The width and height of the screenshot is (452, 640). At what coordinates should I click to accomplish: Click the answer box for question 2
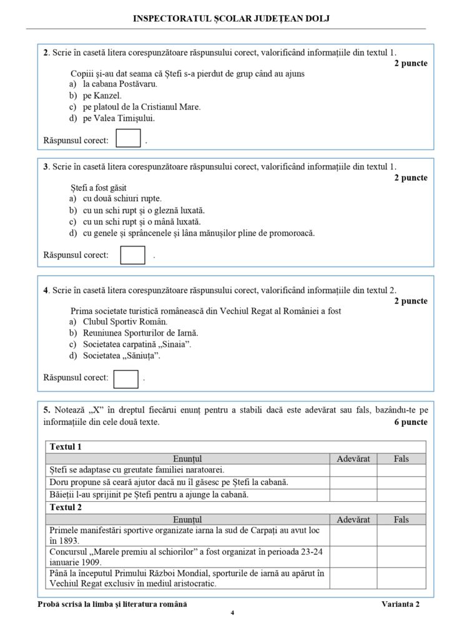[x=128, y=138]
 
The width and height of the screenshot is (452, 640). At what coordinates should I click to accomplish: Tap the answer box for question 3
[x=132, y=255]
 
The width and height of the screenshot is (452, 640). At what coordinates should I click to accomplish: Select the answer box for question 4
[x=127, y=378]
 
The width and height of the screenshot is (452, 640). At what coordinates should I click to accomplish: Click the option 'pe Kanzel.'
[x=102, y=96]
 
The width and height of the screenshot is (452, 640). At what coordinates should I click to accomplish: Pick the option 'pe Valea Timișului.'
[x=119, y=118]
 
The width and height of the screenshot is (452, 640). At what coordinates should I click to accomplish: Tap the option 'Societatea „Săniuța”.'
[x=122, y=356]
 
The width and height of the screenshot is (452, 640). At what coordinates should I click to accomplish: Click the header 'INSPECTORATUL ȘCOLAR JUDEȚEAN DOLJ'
[x=232, y=19]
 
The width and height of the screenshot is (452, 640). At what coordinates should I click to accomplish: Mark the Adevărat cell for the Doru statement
[x=353, y=482]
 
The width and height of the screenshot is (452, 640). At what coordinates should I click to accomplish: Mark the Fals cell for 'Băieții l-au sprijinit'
[x=401, y=494]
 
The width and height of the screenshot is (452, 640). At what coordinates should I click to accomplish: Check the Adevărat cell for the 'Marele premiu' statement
[x=353, y=555]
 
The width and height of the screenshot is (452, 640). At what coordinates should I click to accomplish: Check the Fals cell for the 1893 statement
[x=401, y=536]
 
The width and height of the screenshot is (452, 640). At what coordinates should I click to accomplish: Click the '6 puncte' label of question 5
[x=410, y=422]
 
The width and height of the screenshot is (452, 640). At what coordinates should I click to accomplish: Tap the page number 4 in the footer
[x=232, y=612]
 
